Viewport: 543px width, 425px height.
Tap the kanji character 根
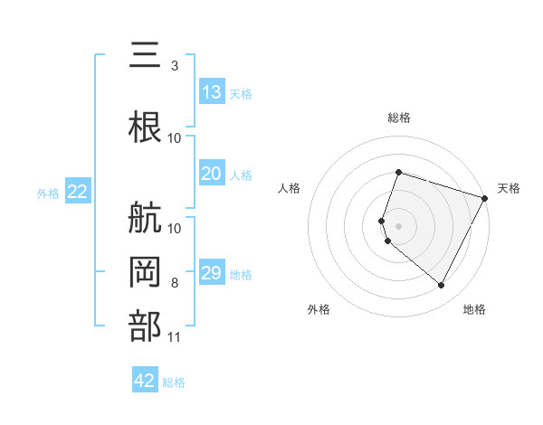click(146, 126)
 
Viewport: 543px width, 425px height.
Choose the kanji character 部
click(146, 326)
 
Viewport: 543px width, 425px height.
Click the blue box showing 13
click(212, 92)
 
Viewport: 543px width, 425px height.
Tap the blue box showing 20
click(212, 174)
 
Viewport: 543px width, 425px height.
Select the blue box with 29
click(212, 273)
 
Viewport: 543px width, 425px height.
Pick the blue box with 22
click(78, 192)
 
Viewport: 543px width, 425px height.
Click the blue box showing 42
click(145, 381)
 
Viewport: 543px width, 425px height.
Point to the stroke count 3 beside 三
click(175, 66)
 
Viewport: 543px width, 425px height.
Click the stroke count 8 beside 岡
click(175, 283)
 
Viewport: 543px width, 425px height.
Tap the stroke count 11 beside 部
click(175, 337)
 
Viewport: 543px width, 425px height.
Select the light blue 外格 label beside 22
click(48, 194)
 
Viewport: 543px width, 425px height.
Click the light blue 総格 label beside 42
click(174, 382)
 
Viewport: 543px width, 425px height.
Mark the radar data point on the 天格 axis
click(485, 197)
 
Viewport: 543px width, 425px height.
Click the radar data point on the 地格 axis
click(442, 286)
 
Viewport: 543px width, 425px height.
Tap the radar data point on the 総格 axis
click(398, 172)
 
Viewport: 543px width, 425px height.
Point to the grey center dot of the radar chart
click(398, 225)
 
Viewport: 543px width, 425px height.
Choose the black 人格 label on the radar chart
click(290, 188)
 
